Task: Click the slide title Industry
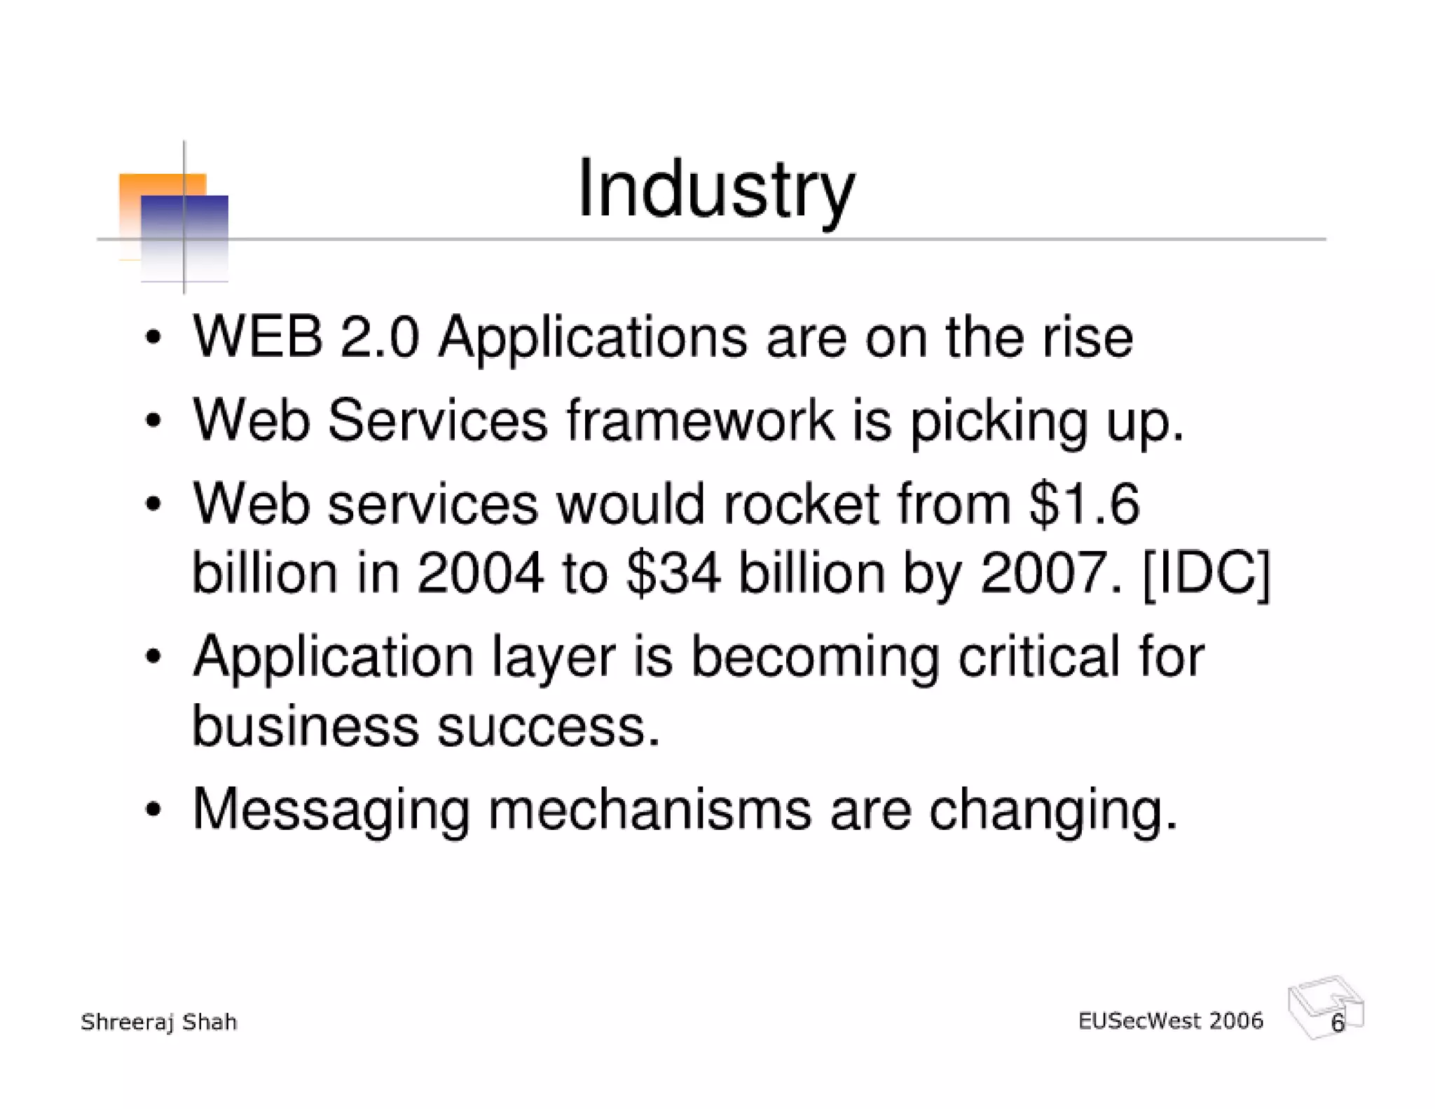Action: tap(715, 189)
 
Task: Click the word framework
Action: tap(701, 421)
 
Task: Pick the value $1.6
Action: tap(1085, 504)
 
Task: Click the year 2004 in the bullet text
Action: tap(480, 573)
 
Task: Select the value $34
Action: tap(673, 573)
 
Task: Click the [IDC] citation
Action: tap(1206, 573)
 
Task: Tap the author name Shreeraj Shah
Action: tap(159, 1022)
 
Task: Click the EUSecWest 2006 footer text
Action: tap(1170, 1021)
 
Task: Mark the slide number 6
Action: tap(1338, 1023)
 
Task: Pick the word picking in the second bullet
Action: tap(998, 422)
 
